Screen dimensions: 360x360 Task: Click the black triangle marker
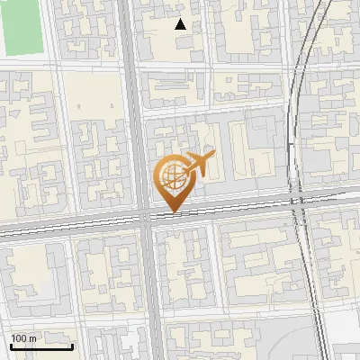tap(181, 24)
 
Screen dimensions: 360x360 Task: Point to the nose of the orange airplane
tap(213, 155)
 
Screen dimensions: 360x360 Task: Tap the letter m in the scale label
tap(32, 338)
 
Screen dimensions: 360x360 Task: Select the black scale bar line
tap(41, 346)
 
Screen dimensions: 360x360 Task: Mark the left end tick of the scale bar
tap(11, 345)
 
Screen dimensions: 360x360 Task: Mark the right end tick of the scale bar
tap(72, 345)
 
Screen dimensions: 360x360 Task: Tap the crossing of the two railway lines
tap(299, 199)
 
